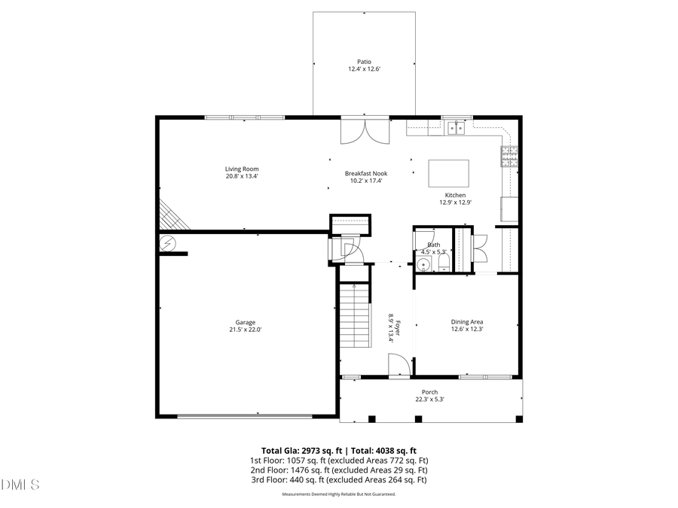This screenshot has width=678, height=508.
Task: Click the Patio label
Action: pyautogui.click(x=364, y=62)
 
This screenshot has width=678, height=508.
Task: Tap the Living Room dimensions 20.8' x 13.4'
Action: pyautogui.click(x=242, y=176)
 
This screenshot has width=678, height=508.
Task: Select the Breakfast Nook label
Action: pyautogui.click(x=366, y=173)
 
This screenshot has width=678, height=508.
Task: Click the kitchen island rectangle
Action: pyautogui.click(x=448, y=173)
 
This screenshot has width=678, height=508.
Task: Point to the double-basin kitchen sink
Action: pyautogui.click(x=456, y=128)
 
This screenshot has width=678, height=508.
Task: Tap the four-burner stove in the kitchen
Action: pyautogui.click(x=510, y=156)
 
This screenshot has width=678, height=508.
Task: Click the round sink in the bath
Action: pyautogui.click(x=423, y=264)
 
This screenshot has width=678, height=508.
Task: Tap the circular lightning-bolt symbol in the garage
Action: pyautogui.click(x=167, y=243)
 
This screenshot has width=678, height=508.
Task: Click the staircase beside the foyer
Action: pyautogui.click(x=355, y=315)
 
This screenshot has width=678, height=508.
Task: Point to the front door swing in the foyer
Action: pyautogui.click(x=399, y=365)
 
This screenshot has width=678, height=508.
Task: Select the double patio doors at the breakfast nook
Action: pyautogui.click(x=365, y=131)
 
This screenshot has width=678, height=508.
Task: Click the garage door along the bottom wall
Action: pyautogui.click(x=244, y=415)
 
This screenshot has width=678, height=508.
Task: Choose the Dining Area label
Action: pyautogui.click(x=467, y=321)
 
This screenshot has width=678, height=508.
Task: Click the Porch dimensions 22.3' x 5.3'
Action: pyautogui.click(x=429, y=400)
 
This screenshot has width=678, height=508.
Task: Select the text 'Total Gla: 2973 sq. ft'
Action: pyautogui.click(x=299, y=450)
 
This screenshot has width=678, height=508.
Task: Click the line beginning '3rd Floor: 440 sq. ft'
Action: pyautogui.click(x=339, y=479)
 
